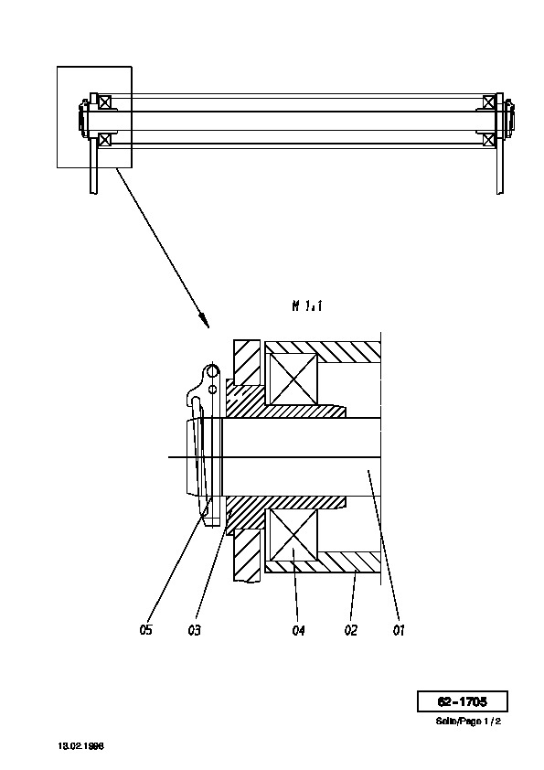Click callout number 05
coord(145,629)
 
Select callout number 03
coord(195,629)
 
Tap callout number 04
coord(298,630)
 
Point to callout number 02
coord(351,630)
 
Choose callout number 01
coord(400,630)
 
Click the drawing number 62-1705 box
coord(463,701)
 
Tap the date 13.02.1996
coord(81,746)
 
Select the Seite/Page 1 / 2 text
coord(468,722)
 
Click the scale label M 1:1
coord(307,306)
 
